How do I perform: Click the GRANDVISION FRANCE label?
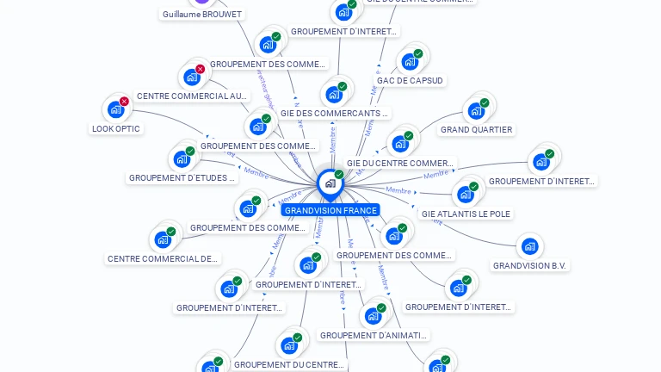[x=330, y=210]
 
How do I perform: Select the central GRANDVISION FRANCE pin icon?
[x=329, y=183]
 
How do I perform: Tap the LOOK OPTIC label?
[x=115, y=129]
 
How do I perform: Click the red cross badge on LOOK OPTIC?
[x=124, y=102]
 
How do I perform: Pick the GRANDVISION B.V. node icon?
[x=528, y=247]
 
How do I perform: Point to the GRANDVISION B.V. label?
[x=530, y=265]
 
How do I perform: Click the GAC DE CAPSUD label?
[x=410, y=81]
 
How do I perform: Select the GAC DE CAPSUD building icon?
[x=409, y=61]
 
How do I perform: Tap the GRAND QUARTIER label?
[x=476, y=130]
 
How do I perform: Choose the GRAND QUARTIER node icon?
[x=474, y=110]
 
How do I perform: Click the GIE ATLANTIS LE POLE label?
[x=466, y=214]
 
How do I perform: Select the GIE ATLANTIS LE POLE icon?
[x=465, y=194]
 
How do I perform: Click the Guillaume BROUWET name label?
[x=203, y=14]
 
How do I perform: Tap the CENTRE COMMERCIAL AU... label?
[x=192, y=96]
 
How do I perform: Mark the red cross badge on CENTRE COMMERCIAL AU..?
[x=201, y=69]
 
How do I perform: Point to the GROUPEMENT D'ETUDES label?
[x=182, y=178]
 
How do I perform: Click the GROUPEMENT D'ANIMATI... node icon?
[x=373, y=315]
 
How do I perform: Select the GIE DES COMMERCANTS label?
[x=334, y=113]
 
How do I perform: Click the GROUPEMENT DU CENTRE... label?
[x=290, y=365]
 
